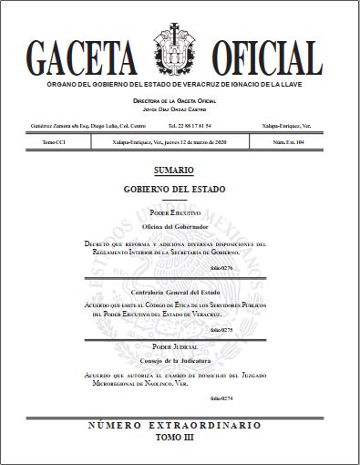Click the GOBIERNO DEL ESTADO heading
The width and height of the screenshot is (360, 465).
pos(174,189)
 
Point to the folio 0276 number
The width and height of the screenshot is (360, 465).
pos(221,268)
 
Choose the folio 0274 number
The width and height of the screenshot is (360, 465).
pos(221,398)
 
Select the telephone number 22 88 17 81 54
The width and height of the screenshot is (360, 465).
pos(190,124)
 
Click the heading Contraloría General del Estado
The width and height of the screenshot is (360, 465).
pos(174,291)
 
